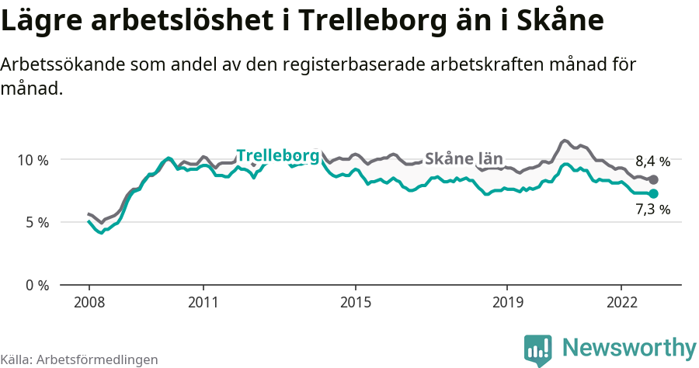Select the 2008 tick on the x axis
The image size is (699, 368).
89,302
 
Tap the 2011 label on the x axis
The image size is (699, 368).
203,302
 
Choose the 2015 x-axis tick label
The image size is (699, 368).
355,302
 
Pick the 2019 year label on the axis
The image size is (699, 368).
507,302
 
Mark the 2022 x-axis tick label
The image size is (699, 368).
621,302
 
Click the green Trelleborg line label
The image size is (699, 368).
277,155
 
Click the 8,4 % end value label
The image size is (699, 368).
652,162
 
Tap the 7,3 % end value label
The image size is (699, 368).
652,209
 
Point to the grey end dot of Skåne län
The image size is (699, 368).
653,180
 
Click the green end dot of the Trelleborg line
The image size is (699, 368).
653,193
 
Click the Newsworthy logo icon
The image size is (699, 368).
538,349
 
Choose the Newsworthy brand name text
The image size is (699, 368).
629,347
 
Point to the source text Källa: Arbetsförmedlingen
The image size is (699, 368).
79,359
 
